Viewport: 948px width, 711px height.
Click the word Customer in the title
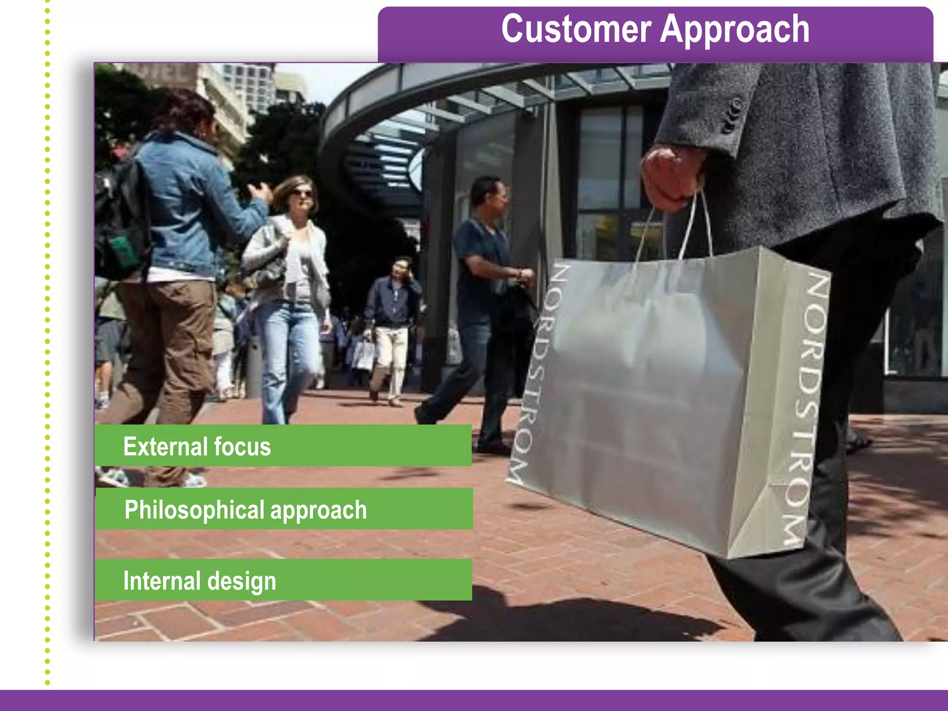576,29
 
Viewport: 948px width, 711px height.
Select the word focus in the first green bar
242,447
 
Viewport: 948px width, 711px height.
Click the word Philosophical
194,510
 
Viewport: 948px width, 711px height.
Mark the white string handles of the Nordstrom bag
694,227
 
